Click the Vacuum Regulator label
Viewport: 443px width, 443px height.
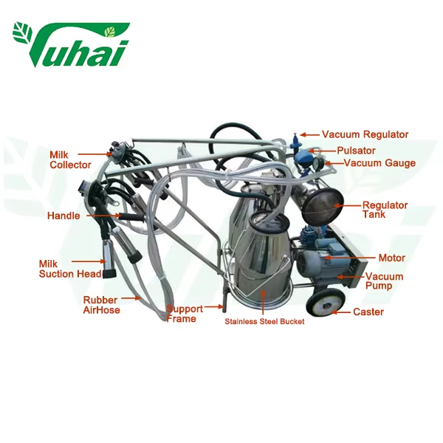coord(365,135)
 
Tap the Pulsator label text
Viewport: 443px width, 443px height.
coord(356,151)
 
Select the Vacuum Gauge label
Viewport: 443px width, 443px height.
coord(380,163)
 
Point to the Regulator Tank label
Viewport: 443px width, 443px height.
coord(385,210)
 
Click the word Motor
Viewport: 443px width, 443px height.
coord(391,258)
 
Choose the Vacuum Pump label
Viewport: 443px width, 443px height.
coord(384,281)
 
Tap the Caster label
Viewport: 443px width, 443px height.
coord(368,312)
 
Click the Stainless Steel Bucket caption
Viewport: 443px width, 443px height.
coord(264,321)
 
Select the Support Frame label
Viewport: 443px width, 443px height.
coord(185,314)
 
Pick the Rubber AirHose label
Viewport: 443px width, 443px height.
coord(101,305)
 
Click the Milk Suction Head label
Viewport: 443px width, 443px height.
coord(70,269)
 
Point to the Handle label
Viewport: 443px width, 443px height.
coord(63,216)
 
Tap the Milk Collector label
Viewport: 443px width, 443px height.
coord(70,160)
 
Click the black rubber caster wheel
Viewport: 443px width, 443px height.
coord(326,303)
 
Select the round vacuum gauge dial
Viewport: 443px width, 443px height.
coord(319,163)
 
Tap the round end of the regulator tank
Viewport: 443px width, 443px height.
coord(323,205)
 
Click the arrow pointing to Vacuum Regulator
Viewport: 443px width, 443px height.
coord(309,135)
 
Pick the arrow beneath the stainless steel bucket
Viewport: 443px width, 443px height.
coord(264,303)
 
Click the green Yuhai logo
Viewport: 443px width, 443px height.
coord(71,44)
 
